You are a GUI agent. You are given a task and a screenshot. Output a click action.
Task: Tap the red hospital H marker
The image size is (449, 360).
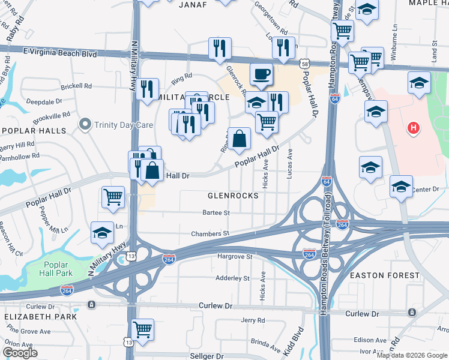(x=413, y=127)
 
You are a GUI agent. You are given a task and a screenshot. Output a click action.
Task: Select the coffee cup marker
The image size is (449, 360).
(x=261, y=74)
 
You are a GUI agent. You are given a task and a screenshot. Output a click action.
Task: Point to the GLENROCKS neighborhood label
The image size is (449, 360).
(x=233, y=196)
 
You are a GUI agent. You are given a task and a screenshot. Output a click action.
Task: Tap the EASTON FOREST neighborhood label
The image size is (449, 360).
(x=385, y=275)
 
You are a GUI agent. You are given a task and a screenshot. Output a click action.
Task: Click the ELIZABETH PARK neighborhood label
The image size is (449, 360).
(x=40, y=316)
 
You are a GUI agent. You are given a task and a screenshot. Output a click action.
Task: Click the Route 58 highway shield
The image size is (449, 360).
(x=306, y=64)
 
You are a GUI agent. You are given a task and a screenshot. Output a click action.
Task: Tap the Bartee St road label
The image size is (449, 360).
(x=216, y=212)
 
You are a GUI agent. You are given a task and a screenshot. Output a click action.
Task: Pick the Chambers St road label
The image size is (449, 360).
(x=210, y=233)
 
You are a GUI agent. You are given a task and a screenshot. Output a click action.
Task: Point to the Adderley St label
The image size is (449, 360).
(x=232, y=278)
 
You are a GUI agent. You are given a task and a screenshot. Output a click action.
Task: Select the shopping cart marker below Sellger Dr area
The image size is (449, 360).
(x=143, y=329)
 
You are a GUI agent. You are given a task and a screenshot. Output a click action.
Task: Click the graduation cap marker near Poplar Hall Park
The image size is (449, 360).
(x=102, y=233)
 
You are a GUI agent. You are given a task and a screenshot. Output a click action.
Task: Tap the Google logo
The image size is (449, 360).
(x=20, y=353)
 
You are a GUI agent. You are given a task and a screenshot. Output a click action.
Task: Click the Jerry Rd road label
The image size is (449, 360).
(x=252, y=320)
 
